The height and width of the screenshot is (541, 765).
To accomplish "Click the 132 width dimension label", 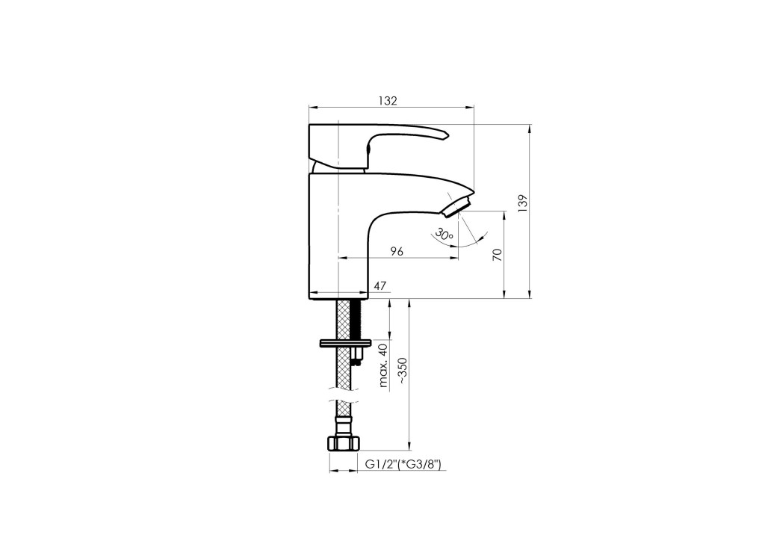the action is pos(388,100).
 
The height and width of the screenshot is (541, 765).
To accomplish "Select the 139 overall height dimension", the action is pos(523,203).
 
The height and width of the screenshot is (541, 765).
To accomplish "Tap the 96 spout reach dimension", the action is pos(397,251).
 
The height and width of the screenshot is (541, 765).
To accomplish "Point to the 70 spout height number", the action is pos(497,254).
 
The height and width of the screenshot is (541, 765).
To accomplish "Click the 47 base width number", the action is pos(380,286).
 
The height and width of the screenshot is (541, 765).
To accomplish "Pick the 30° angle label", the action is pos(445,234).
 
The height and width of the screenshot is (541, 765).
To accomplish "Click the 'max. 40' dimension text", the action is pos(383,365).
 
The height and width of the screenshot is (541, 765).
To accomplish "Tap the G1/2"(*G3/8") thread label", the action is pos(403,465).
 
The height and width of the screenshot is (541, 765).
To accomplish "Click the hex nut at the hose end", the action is pos(344,443).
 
